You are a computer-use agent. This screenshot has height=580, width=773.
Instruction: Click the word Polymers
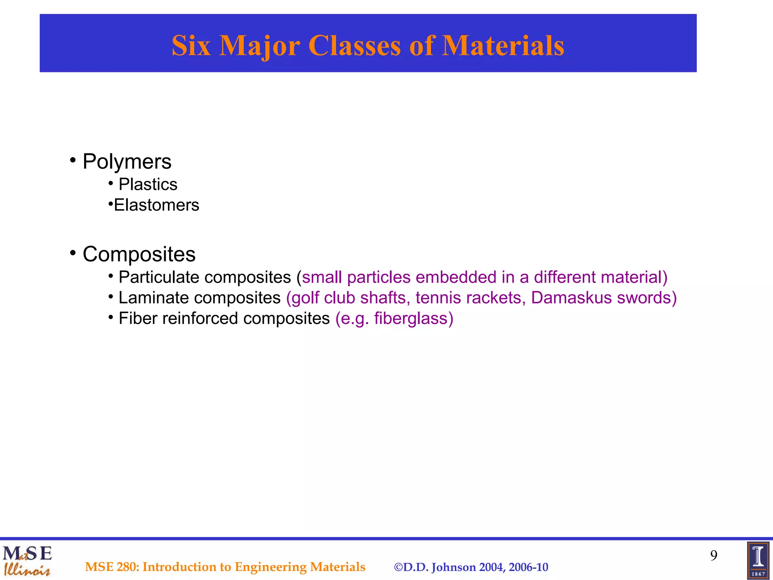[127, 162]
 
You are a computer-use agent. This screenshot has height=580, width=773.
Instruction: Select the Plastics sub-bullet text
[148, 185]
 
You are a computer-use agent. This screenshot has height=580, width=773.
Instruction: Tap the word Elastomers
[156, 205]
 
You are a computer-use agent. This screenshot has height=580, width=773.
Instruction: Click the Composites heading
[139, 254]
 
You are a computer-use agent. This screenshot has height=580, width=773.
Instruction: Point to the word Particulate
[159, 278]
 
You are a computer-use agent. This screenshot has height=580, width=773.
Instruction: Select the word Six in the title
[191, 46]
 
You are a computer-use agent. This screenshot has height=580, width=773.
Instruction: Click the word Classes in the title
[354, 46]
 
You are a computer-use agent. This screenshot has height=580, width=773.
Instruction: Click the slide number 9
[713, 555]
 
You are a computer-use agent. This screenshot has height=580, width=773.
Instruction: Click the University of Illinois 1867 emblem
[758, 561]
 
